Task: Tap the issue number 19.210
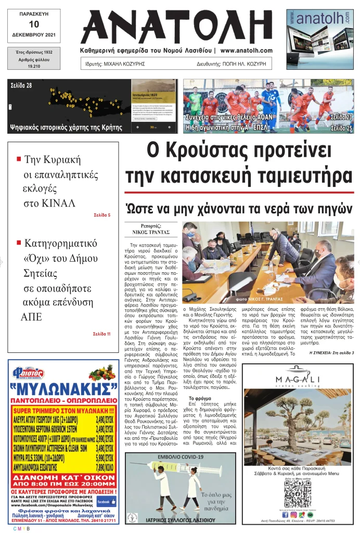tap(34, 67)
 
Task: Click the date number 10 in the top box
tap(34, 24)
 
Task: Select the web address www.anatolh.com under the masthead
tap(246, 50)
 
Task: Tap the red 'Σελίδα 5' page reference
tap(102, 214)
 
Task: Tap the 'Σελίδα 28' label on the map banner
tap(21, 85)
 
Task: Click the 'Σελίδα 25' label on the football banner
tap(341, 128)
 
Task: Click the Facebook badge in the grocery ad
tap(106, 502)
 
